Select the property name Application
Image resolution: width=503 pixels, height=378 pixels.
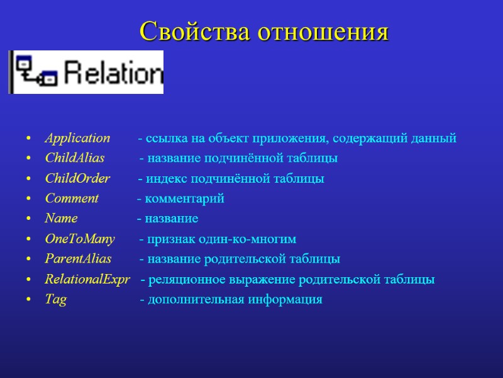click(x=77, y=138)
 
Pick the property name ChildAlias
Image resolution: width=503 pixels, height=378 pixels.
click(x=75, y=158)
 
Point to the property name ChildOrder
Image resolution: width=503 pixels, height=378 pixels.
click(x=77, y=178)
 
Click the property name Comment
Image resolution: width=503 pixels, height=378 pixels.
click(x=72, y=198)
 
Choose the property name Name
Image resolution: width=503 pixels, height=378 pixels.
click(x=61, y=219)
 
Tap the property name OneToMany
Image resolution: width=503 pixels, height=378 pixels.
click(x=80, y=239)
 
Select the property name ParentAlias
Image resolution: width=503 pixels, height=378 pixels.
click(x=78, y=259)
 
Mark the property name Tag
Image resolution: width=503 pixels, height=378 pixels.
click(x=55, y=300)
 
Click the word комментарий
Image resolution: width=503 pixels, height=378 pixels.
click(x=184, y=199)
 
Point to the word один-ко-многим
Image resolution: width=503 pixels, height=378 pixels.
click(x=256, y=239)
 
